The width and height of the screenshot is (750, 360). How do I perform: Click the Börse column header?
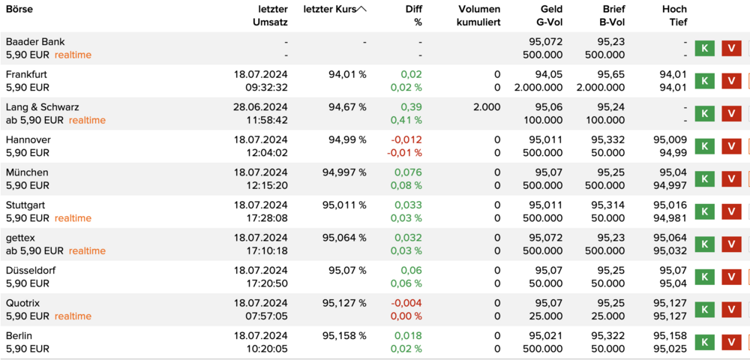(x=19, y=9)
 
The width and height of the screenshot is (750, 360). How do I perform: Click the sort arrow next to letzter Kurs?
(x=361, y=9)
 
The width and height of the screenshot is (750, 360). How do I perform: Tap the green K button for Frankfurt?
(x=704, y=81)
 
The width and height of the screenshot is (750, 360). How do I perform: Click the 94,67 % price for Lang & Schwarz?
(x=348, y=107)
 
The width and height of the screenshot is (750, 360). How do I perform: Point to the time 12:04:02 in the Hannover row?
(x=268, y=153)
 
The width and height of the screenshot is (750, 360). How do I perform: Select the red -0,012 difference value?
(x=406, y=140)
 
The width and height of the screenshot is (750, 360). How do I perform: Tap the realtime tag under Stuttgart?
(x=73, y=218)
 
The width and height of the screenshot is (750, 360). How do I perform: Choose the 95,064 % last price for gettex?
(x=344, y=238)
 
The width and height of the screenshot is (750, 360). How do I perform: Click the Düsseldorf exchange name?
(x=31, y=271)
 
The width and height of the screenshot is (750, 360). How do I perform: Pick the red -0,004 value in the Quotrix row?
(x=406, y=303)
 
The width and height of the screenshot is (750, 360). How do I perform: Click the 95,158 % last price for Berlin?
(x=344, y=335)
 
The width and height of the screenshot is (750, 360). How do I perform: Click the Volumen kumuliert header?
(x=479, y=16)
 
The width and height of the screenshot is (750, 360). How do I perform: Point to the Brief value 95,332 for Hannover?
(x=608, y=140)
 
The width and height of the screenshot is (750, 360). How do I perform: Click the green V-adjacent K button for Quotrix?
(x=704, y=309)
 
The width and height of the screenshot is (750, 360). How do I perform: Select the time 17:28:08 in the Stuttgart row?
(x=268, y=218)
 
